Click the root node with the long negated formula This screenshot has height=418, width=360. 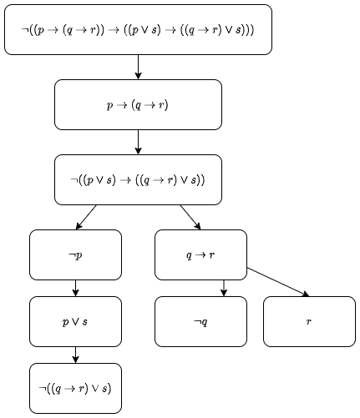pyautogui.click(x=138, y=29)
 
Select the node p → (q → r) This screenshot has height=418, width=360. pyautogui.click(x=138, y=105)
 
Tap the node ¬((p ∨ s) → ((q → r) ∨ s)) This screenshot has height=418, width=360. pyautogui.click(x=138, y=179)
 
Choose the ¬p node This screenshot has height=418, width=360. pyautogui.click(x=75, y=254)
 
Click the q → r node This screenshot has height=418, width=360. pyautogui.click(x=200, y=254)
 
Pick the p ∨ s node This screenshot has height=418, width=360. pyautogui.click(x=75, y=321)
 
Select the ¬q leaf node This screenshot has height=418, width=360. pyautogui.click(x=200, y=321)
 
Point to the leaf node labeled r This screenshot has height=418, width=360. pyautogui.click(x=309, y=321)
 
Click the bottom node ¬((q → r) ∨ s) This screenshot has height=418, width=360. pyautogui.click(x=75, y=388)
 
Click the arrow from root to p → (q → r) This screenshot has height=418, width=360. pyautogui.click(x=138, y=67)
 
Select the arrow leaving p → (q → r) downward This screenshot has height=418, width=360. pyautogui.click(x=138, y=142)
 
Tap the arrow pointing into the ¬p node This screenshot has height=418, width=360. pyautogui.click(x=86, y=217)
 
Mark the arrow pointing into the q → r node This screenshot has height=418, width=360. pyautogui.click(x=190, y=217)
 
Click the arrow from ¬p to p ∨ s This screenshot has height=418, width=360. pyautogui.click(x=75, y=288)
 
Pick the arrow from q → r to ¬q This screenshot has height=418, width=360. pyautogui.click(x=224, y=288)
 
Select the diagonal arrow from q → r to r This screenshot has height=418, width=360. pyautogui.click(x=278, y=282)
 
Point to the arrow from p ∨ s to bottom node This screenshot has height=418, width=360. pyautogui.click(x=75, y=355)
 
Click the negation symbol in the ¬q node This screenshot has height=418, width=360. pyautogui.click(x=196, y=322)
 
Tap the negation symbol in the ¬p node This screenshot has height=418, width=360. pyautogui.click(x=71, y=255)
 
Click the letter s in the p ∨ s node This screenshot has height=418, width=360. pyautogui.click(x=85, y=322)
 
